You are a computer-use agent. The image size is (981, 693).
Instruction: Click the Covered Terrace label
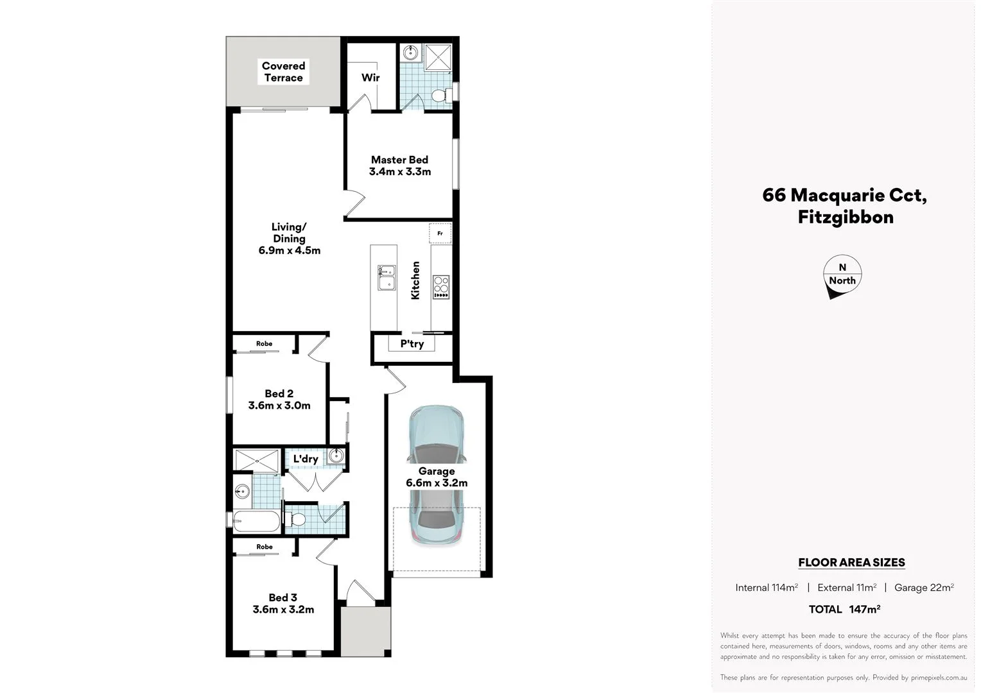[283, 72]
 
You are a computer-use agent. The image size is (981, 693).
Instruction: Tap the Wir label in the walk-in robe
[370, 78]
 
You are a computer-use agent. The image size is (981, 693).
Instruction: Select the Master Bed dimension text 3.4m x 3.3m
[399, 172]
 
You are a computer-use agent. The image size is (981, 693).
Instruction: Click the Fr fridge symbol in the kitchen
[440, 234]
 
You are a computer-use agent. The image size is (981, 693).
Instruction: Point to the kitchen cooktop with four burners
[441, 287]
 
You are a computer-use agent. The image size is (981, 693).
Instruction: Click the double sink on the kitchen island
[386, 278]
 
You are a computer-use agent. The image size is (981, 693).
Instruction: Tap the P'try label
[412, 344]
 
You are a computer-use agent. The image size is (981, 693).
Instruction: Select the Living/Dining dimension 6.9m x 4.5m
[289, 251]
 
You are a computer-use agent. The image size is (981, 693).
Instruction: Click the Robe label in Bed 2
[264, 344]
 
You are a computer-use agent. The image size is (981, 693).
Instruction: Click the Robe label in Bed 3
[264, 547]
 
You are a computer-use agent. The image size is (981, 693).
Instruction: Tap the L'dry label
[306, 459]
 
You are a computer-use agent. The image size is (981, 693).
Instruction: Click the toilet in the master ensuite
[440, 96]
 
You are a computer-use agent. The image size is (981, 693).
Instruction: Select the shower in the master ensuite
[438, 56]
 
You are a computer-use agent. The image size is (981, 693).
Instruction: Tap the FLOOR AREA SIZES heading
[851, 563]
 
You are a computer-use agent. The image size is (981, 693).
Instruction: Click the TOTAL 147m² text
[844, 609]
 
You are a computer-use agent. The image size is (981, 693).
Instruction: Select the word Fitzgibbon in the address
[845, 217]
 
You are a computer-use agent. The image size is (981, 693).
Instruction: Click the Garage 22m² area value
[923, 588]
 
